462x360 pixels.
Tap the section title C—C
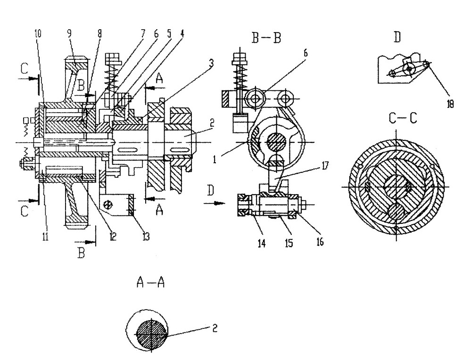click(403, 118)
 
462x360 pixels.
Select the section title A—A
click(150, 282)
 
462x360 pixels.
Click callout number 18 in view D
click(450, 104)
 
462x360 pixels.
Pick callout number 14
click(262, 243)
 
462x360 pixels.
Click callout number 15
click(289, 243)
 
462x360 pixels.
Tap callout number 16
click(319, 242)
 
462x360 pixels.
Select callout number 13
click(146, 236)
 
